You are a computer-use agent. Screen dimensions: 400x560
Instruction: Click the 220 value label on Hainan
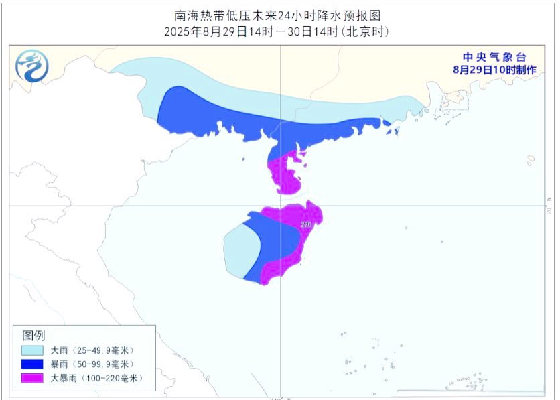tap(306, 225)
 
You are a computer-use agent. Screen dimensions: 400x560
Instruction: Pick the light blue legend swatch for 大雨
tap(33, 350)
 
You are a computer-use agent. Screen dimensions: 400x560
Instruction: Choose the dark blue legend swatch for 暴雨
tap(33, 364)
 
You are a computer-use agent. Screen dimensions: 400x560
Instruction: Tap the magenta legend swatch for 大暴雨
tap(33, 378)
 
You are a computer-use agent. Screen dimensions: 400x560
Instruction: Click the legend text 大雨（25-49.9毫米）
tap(93, 350)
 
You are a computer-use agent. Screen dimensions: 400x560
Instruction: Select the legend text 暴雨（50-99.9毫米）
tap(93, 364)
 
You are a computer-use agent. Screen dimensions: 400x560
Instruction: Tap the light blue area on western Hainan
tap(238, 251)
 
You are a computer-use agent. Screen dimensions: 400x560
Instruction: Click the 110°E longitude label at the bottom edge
tap(280, 397)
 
